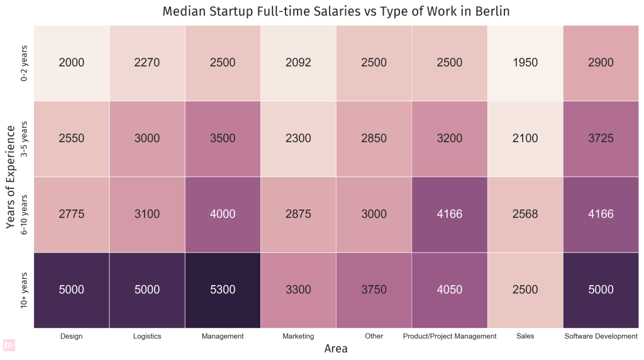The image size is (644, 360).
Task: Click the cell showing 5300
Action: click(223, 290)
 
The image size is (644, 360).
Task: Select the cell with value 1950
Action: click(525, 62)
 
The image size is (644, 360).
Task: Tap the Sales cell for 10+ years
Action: click(525, 290)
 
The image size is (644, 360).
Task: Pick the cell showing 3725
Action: click(601, 138)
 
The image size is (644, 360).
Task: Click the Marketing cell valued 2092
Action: click(298, 62)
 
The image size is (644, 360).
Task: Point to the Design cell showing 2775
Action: click(71, 214)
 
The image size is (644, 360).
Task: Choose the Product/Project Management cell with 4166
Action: click(449, 214)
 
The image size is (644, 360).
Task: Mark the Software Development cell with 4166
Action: click(601, 214)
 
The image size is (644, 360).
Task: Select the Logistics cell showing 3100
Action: click(147, 214)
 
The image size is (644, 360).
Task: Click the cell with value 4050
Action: click(449, 290)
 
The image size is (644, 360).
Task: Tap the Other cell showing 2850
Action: click(374, 138)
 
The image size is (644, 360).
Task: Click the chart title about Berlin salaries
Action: click(336, 11)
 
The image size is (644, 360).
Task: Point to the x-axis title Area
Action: click(336, 349)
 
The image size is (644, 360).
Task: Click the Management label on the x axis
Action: click(223, 336)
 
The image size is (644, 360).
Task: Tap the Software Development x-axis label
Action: click(601, 336)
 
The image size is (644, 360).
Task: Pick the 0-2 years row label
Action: click(25, 63)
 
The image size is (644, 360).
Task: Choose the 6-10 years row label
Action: click(25, 215)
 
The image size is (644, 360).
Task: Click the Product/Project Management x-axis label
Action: click(449, 336)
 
